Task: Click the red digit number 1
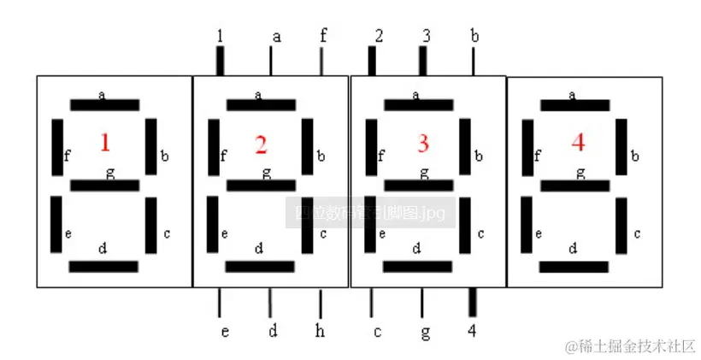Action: [x=105, y=143]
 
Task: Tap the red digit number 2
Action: [x=261, y=145]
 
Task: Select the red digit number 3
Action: [x=422, y=143]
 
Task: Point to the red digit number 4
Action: [x=578, y=143]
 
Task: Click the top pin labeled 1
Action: [x=220, y=36]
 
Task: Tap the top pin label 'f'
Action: [x=322, y=36]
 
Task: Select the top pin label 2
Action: [x=378, y=36]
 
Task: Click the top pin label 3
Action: [x=425, y=36]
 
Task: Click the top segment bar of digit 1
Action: [x=103, y=105]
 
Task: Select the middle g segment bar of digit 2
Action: [x=261, y=185]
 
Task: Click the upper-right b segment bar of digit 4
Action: [x=621, y=145]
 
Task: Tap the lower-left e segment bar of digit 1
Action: [x=56, y=224]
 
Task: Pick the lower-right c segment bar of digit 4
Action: [x=621, y=226]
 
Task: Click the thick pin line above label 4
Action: [x=473, y=304]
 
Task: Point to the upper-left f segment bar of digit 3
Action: [x=371, y=145]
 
